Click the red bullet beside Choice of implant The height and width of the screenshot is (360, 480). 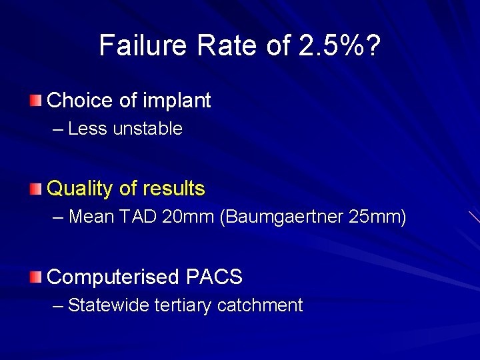[x=35, y=101]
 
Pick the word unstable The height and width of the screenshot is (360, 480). [x=148, y=129]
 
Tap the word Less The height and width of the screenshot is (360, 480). [x=87, y=129]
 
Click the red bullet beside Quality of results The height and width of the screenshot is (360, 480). [x=35, y=189]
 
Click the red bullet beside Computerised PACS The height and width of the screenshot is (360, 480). [x=35, y=277]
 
